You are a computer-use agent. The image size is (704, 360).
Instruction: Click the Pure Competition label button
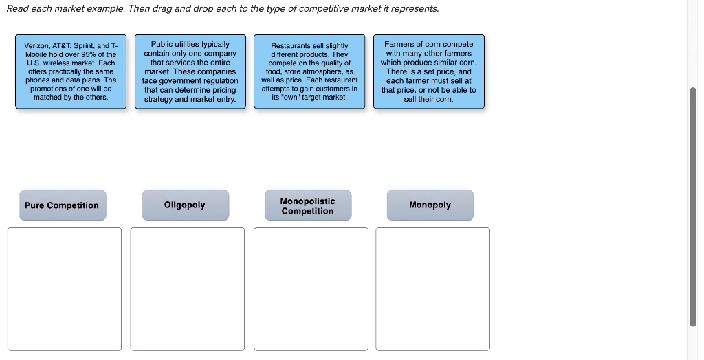[63, 205]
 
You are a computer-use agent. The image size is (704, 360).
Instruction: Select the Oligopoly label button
[185, 205]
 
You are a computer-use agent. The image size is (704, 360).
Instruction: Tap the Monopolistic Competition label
[307, 205]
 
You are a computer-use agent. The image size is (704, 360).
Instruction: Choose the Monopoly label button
[430, 205]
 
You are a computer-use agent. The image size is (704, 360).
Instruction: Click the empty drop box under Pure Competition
[65, 289]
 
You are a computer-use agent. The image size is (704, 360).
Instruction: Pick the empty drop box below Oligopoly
[187, 289]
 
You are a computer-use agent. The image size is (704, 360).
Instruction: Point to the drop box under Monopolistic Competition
[311, 289]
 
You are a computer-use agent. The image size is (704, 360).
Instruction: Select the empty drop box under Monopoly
[433, 289]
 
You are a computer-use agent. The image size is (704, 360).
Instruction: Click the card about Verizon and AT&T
[71, 71]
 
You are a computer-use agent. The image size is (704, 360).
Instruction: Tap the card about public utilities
[190, 71]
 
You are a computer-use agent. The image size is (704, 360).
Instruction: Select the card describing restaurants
[309, 71]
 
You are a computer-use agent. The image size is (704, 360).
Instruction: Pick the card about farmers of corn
[428, 71]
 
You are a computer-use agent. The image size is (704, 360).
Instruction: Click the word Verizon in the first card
[36, 45]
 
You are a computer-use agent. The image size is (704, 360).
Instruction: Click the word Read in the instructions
[17, 8]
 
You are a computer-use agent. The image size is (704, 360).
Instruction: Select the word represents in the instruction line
[417, 8]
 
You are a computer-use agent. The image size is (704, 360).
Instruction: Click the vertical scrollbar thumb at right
[692, 206]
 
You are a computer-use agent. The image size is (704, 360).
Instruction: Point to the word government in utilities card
[181, 81]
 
